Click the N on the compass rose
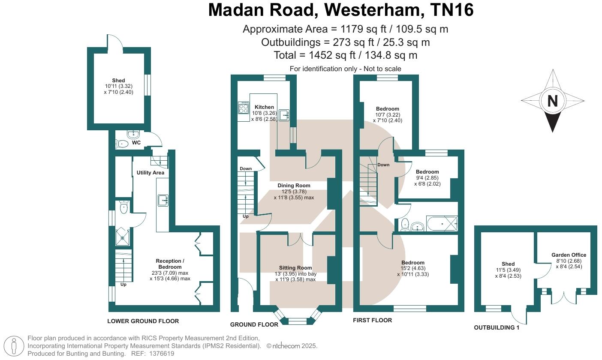coord(552,101)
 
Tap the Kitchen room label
coord(264,107)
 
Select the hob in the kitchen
coord(243,107)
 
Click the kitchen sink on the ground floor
coord(284,115)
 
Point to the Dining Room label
coord(294,186)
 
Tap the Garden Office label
coord(569,255)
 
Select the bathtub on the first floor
coord(441,224)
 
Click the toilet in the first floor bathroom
coord(404,224)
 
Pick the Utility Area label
coord(150,173)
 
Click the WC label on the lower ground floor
coord(136,143)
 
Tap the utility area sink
coord(163,200)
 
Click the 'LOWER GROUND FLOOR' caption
coord(143,321)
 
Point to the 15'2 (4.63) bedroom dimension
coord(412,269)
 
